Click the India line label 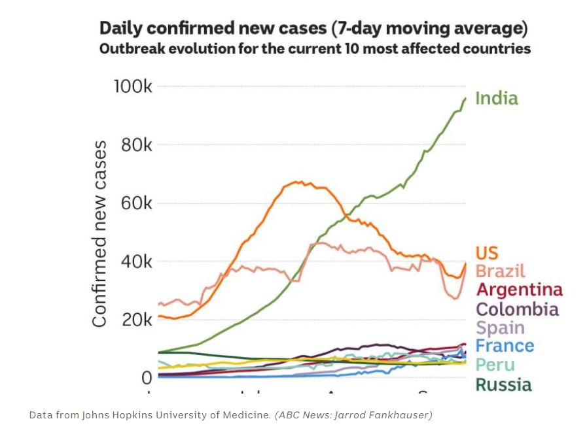[496, 99]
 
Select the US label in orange [487, 253]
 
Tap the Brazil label [501, 271]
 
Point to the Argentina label [519, 290]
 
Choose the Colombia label [517, 309]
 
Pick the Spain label [500, 328]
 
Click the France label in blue [505, 346]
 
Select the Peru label [495, 365]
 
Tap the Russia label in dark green [503, 384]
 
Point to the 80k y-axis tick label [136, 145]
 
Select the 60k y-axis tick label [136, 203]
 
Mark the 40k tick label [136, 261]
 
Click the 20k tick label [136, 320]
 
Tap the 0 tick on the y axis [147, 377]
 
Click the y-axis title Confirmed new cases [99, 233]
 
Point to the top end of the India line [465, 98]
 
